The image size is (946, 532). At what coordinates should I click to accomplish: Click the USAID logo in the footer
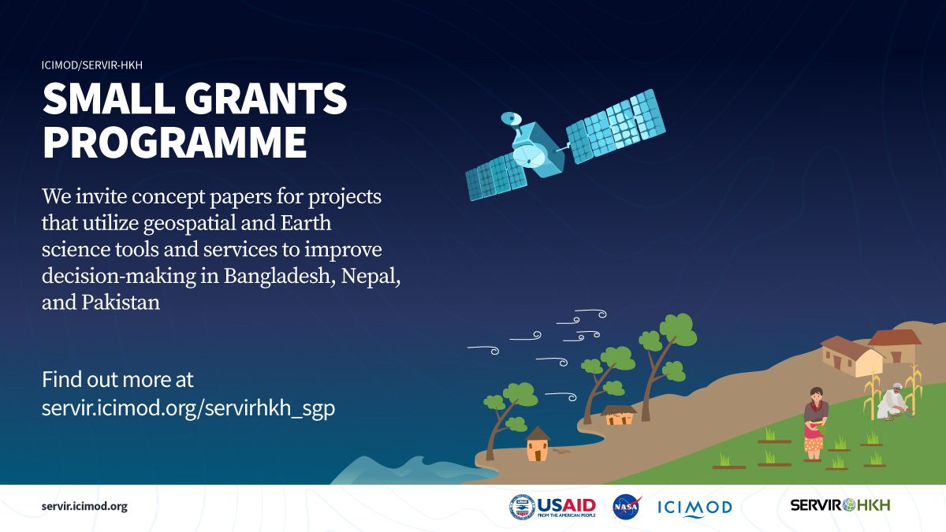(553, 507)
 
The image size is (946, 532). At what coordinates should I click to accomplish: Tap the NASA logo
(627, 507)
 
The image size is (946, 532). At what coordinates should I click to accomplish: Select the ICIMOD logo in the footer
(695, 508)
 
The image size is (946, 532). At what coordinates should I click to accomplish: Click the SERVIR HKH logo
(840, 505)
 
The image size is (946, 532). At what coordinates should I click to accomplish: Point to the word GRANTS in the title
(266, 99)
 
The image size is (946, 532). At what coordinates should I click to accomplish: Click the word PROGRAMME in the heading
(174, 142)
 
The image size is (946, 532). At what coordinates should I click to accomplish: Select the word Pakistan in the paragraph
(121, 303)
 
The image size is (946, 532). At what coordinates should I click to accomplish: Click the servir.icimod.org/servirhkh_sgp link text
(188, 408)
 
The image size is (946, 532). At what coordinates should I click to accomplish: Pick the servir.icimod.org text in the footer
(84, 506)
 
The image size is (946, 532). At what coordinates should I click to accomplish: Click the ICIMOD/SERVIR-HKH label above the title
(92, 65)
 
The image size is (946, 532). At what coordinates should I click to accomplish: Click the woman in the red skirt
(815, 423)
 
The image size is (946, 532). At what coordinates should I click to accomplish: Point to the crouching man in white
(892, 402)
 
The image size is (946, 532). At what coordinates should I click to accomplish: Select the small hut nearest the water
(537, 444)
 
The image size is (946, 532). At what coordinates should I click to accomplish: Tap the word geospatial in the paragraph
(189, 224)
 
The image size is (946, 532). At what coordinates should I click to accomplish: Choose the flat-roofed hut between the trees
(619, 415)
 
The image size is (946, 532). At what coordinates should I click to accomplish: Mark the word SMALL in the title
(109, 99)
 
